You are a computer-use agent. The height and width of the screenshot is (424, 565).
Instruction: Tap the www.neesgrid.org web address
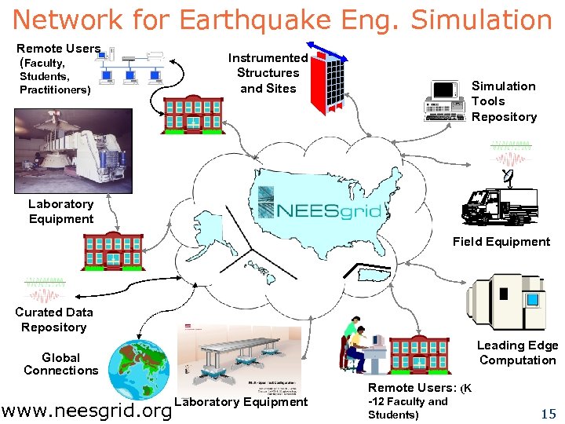pyautogui.click(x=86, y=410)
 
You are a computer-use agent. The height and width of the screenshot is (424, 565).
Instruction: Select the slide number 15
pyautogui.click(x=548, y=413)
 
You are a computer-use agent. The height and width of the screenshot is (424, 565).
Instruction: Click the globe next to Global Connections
pyautogui.click(x=141, y=369)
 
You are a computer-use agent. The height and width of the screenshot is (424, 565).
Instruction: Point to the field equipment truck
pyautogui.click(x=499, y=206)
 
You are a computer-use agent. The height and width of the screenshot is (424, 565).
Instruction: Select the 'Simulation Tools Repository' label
pyautogui.click(x=504, y=101)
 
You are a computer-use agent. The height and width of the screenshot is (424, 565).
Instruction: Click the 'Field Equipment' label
pyautogui.click(x=501, y=241)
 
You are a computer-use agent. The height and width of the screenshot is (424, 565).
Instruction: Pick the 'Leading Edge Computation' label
pyautogui.click(x=518, y=353)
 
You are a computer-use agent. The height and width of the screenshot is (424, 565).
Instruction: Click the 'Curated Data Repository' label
pyautogui.click(x=53, y=320)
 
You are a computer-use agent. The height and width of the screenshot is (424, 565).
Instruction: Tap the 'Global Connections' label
pyautogui.click(x=61, y=364)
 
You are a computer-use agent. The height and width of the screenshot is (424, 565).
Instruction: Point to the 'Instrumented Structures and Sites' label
pyautogui.click(x=268, y=73)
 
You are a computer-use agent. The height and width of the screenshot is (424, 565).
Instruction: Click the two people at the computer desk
pyautogui.click(x=359, y=345)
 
